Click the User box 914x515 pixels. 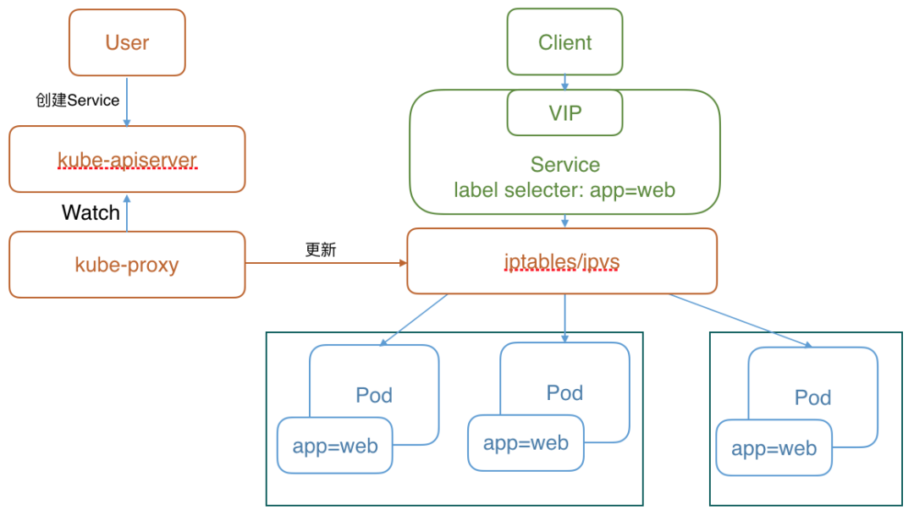(127, 42)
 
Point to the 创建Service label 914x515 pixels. (77, 100)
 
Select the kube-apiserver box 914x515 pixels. (127, 159)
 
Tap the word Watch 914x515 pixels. (91, 212)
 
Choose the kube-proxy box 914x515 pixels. (127, 265)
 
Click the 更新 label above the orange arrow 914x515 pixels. (321, 250)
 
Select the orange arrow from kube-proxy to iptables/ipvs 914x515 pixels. (326, 264)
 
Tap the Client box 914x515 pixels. (564, 42)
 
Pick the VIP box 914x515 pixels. (564, 112)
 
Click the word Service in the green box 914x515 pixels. (564, 165)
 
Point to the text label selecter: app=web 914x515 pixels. (564, 189)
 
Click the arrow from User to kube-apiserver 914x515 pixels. (127, 101)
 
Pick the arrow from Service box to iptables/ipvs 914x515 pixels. (564, 221)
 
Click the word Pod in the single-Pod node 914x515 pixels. (812, 397)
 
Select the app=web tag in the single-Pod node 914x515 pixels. (774, 448)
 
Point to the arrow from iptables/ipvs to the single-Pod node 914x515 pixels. (741, 320)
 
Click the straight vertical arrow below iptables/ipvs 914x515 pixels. (564, 318)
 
